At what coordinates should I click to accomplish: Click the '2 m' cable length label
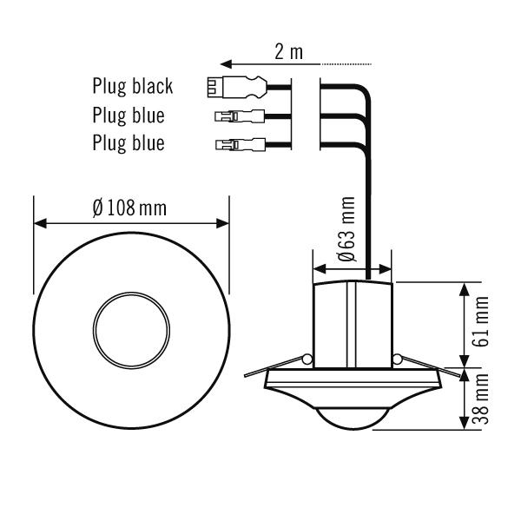tap(289, 52)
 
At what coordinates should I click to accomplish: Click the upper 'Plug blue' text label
tap(129, 115)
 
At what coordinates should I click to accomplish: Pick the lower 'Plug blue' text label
tap(129, 142)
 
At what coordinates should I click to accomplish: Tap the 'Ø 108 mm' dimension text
tap(130, 208)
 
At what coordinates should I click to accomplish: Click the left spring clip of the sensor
tap(307, 359)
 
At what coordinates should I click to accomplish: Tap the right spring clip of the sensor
tap(396, 359)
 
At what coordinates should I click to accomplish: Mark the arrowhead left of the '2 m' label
tap(225, 63)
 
